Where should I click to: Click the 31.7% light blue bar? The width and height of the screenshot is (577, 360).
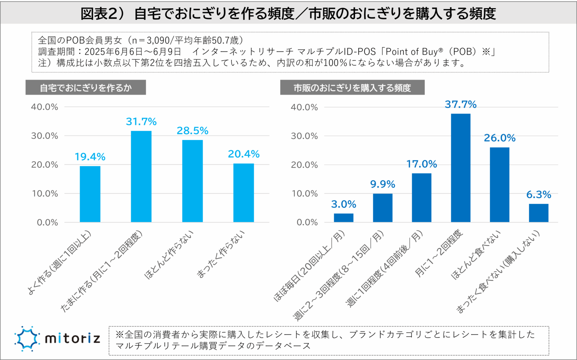tap(141, 176)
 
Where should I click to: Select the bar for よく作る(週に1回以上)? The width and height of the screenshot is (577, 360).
tap(90, 194)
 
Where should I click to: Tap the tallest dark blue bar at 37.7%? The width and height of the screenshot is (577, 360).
tap(461, 168)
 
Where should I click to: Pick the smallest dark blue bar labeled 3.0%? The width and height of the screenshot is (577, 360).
tap(343, 218)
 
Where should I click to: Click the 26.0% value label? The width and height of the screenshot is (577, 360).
tap(500, 138)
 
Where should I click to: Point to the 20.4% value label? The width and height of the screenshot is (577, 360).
tap(243, 154)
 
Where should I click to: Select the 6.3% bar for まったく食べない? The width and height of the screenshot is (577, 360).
tap(539, 213)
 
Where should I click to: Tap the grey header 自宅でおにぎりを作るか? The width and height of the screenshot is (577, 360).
tap(86, 88)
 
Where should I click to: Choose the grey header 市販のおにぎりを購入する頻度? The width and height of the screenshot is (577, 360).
tap(352, 88)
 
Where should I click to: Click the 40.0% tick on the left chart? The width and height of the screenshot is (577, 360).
tap(45, 107)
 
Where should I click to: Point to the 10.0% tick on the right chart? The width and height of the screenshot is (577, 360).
tap(304, 194)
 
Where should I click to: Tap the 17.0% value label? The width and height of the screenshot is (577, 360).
tap(421, 164)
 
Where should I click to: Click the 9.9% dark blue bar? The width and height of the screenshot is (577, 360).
tap(382, 208)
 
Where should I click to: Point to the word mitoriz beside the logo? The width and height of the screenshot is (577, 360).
tap(73, 339)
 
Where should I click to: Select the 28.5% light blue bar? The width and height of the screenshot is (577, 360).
tap(192, 181)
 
